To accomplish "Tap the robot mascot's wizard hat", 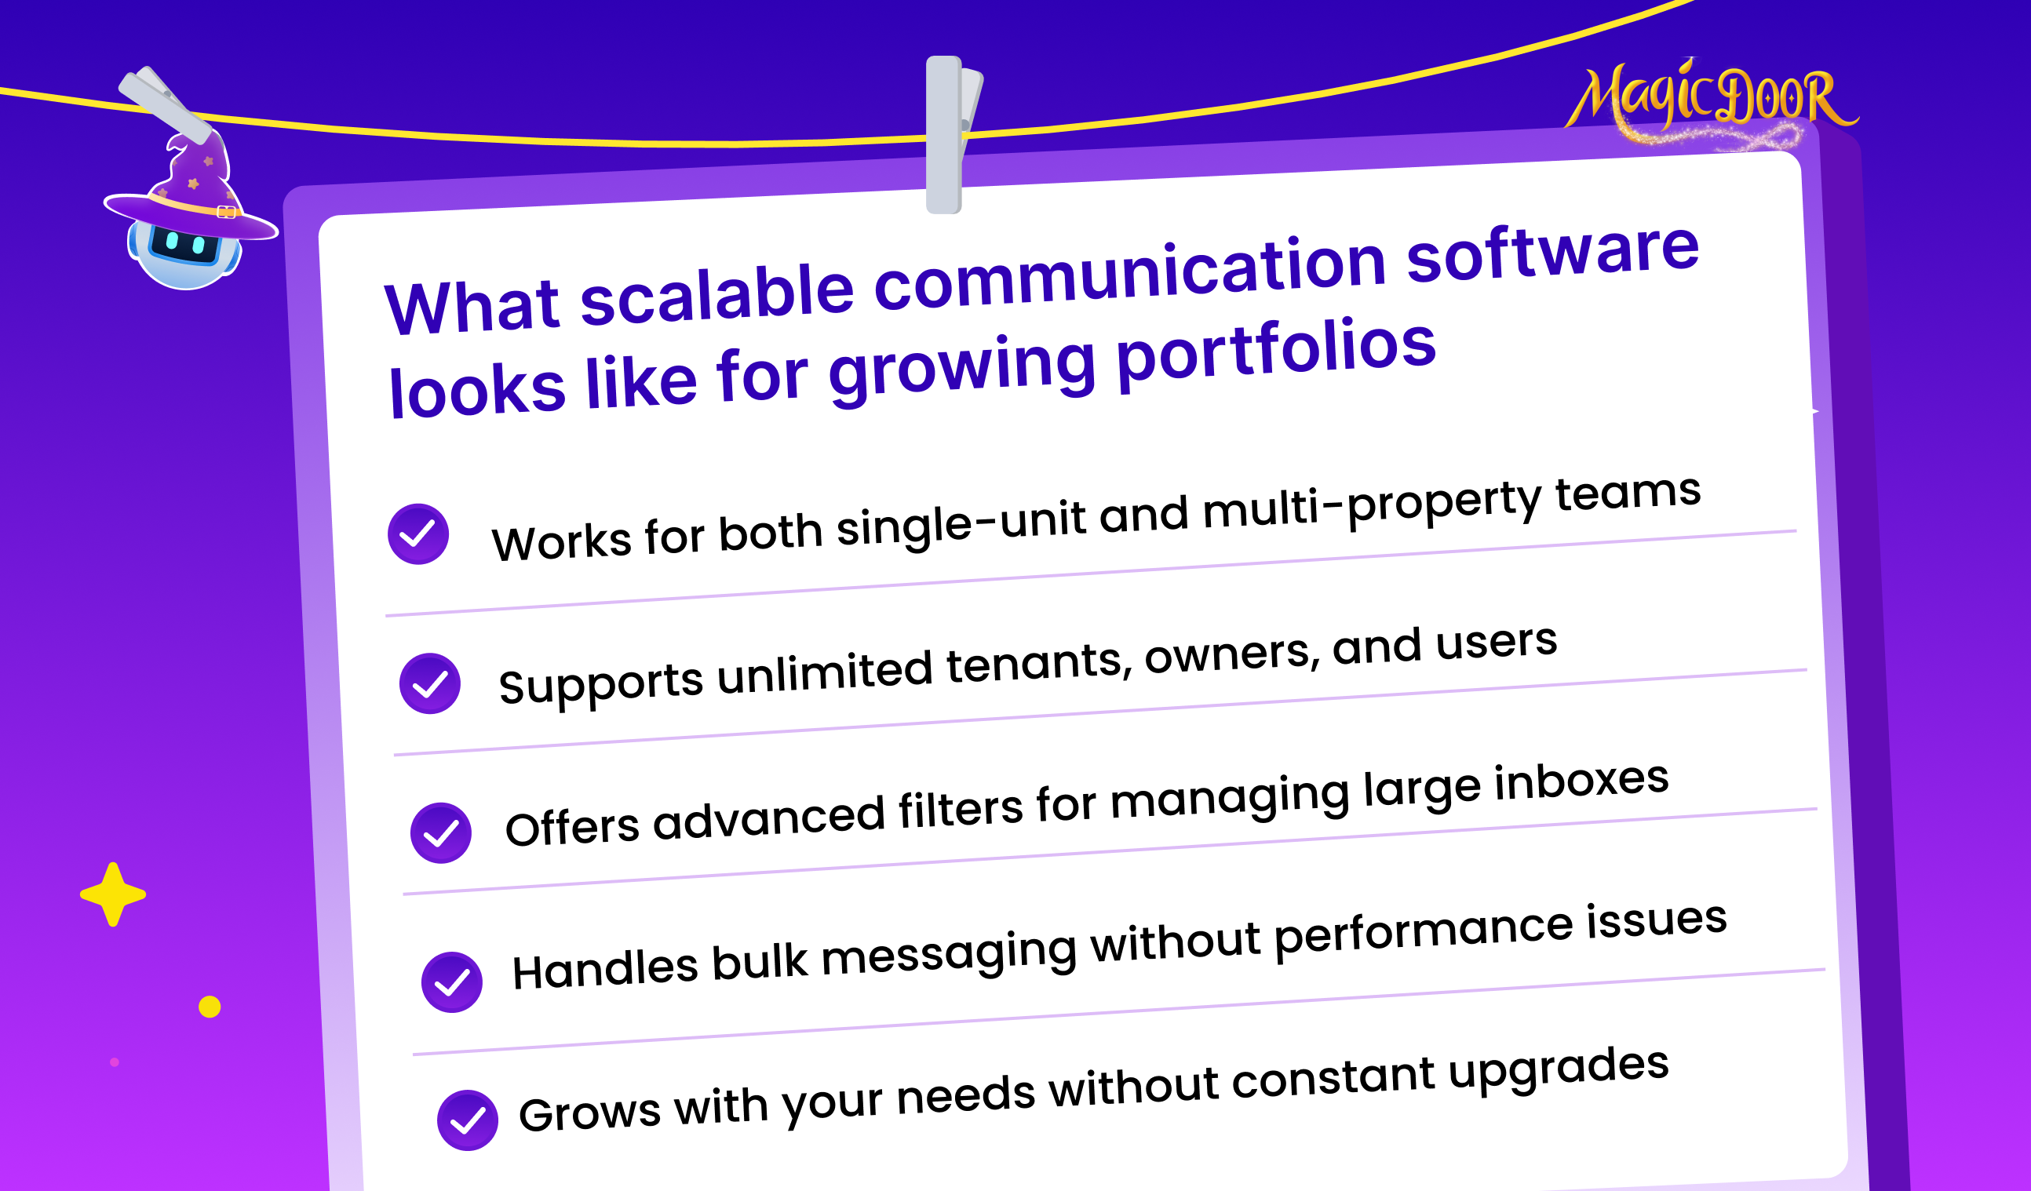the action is pyautogui.click(x=191, y=190).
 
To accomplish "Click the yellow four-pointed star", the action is pyautogui.click(x=113, y=894).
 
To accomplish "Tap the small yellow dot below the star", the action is pyautogui.click(x=210, y=1007).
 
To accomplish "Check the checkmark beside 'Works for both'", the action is pyautogui.click(x=418, y=534).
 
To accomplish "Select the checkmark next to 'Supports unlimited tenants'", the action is pyautogui.click(x=429, y=683).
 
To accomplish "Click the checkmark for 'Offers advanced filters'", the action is pyautogui.click(x=441, y=832).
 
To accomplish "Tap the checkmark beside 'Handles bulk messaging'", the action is pyautogui.click(x=452, y=982).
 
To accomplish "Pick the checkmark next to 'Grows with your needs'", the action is pyautogui.click(x=468, y=1120).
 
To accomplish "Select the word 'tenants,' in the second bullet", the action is pyautogui.click(x=1040, y=664).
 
